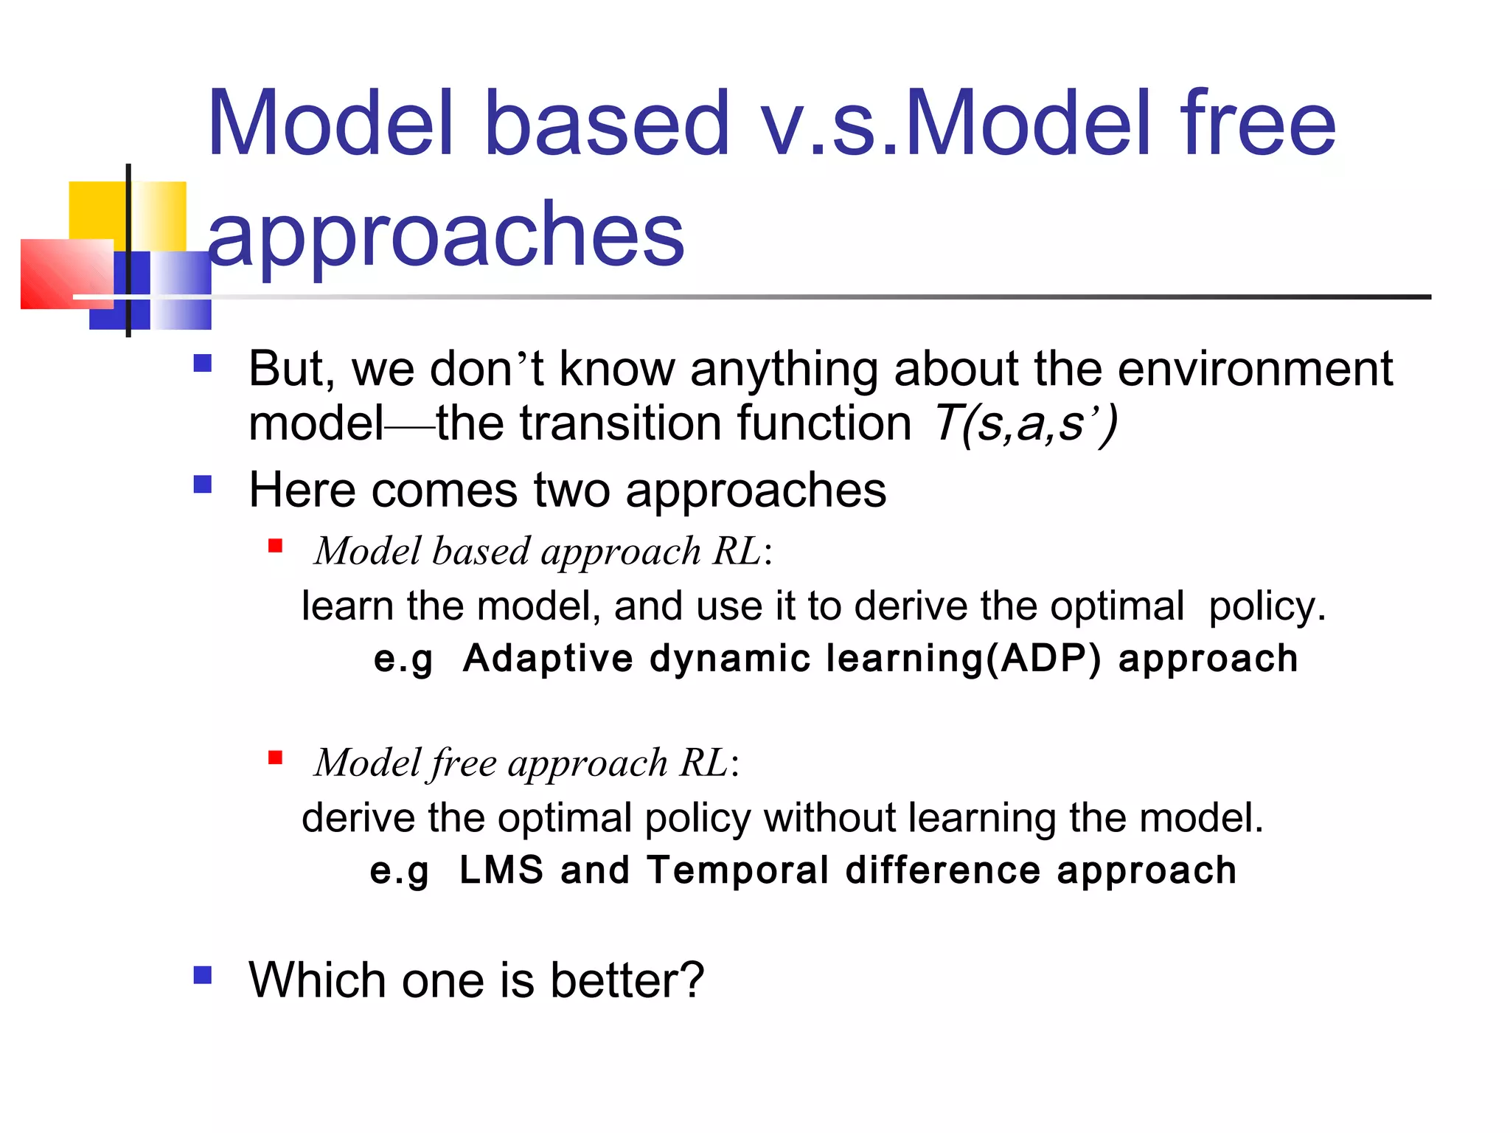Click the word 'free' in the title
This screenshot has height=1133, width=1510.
point(1257,124)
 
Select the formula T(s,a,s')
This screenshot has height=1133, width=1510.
point(1026,423)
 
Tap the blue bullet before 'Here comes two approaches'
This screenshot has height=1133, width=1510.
point(203,485)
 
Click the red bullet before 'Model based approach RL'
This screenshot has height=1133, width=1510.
point(276,546)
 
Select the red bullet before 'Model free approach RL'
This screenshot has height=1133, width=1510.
point(276,758)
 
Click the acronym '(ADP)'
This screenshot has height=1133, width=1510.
point(1043,659)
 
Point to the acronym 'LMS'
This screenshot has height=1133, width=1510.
point(501,870)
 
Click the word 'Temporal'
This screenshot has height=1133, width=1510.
point(737,870)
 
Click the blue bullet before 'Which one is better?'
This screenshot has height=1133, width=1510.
point(203,976)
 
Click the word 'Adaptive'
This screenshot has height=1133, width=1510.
point(547,659)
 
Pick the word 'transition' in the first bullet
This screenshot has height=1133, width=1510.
point(621,423)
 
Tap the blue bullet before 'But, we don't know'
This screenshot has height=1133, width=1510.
point(203,364)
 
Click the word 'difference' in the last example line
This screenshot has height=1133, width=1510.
point(942,870)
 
